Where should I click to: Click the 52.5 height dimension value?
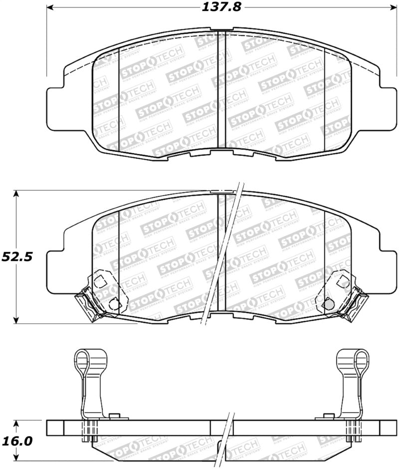click(x=16, y=257)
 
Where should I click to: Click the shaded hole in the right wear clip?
click(x=328, y=303)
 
